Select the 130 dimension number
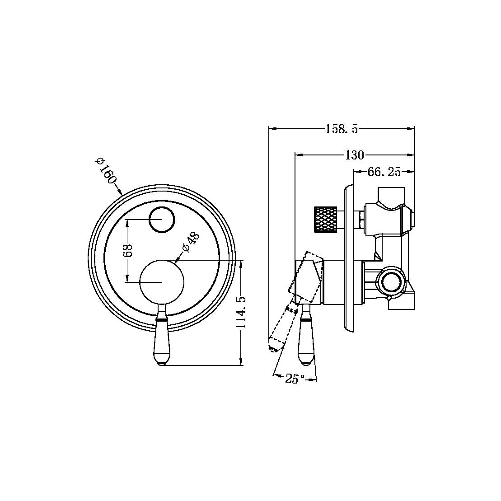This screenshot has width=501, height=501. pos(354,155)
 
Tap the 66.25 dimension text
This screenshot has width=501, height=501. pos(384,172)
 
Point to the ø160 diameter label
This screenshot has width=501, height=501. pos(105,170)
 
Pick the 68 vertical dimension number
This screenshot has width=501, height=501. pos(128,250)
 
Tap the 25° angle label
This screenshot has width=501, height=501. pos(292,379)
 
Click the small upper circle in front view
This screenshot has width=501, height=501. pos(161,220)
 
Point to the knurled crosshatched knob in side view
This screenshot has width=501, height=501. pos(325,220)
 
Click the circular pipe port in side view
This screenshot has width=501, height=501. pos(390,282)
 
